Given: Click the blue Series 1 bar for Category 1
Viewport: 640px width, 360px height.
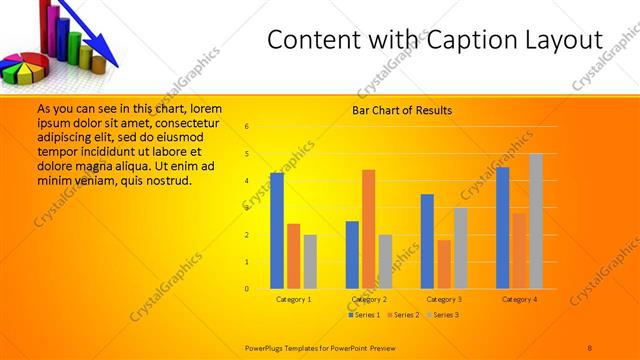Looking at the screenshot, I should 276,231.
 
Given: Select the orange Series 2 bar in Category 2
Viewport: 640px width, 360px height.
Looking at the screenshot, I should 368,229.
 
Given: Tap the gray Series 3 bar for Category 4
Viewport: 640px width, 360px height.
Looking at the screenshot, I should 536,221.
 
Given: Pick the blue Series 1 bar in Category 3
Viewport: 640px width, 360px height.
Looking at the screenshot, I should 427,241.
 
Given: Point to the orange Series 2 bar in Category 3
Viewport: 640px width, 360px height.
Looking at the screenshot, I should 444,264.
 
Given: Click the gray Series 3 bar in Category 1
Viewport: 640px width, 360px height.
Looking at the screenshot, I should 310,262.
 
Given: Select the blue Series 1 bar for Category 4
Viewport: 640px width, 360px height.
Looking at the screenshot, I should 502,228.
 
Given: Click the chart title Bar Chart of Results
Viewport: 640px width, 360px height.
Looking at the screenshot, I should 401,110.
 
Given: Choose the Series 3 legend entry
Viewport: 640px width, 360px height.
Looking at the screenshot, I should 445,315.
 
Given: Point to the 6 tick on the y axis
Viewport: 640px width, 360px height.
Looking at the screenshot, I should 247,127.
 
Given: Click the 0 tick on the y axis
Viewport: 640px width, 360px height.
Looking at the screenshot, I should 247,289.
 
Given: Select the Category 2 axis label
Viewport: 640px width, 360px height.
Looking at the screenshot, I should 369,299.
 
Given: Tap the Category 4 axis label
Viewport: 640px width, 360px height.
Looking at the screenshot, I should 519,299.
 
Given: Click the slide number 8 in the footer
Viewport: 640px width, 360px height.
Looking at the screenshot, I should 590,347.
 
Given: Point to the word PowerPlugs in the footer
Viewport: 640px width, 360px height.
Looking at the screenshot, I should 267,347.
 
